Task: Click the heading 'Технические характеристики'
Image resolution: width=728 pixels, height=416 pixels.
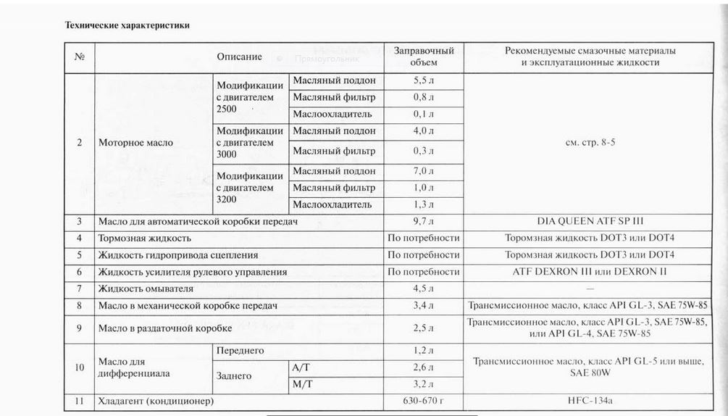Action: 127,25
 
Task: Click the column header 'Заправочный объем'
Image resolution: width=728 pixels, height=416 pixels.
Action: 424,57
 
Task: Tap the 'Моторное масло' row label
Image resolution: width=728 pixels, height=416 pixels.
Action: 135,143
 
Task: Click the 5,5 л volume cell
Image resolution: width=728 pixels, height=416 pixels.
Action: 424,80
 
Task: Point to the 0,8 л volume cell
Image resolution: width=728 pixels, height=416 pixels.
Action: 424,97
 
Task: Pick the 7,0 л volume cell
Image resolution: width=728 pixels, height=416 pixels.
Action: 424,172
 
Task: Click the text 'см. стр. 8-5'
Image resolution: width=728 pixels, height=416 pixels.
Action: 590,143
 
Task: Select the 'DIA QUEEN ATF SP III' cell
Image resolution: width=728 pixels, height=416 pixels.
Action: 590,220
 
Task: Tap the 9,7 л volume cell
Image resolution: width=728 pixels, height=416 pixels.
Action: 424,220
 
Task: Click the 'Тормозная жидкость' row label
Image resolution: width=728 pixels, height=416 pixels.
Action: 145,238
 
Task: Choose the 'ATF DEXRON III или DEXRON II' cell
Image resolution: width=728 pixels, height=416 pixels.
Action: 590,272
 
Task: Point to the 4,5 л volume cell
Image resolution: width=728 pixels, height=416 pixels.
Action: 424,289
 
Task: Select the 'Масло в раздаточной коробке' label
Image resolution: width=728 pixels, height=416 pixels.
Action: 165,328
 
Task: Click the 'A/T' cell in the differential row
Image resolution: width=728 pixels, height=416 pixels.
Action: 301,367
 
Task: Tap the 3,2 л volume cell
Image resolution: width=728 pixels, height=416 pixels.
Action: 424,383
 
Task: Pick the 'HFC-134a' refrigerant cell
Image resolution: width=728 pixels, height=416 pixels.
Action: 590,400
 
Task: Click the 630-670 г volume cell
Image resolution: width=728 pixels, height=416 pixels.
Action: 424,400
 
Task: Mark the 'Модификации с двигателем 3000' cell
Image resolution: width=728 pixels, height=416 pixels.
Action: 250,143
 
